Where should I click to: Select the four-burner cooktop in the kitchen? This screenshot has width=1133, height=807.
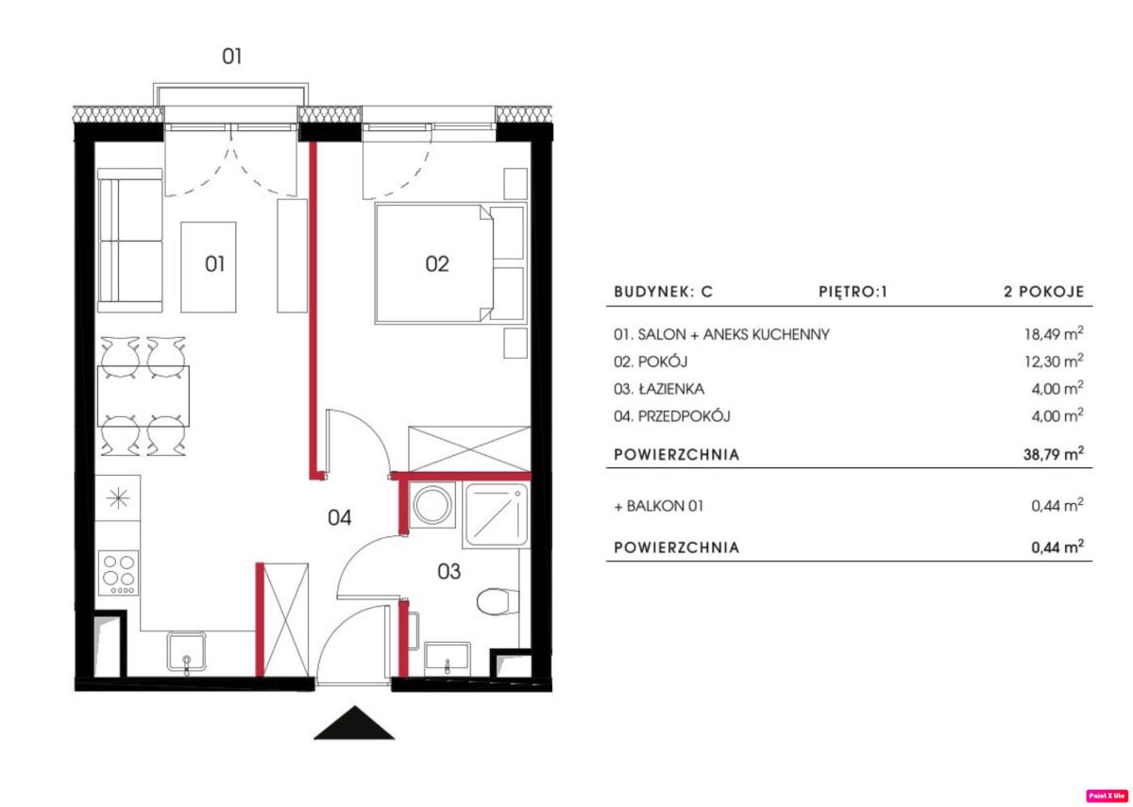[119, 573]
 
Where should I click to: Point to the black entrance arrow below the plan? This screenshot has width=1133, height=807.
[354, 723]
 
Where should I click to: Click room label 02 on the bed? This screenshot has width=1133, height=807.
[437, 264]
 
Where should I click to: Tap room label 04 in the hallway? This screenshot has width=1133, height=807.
[339, 518]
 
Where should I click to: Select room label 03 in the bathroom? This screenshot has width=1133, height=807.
[448, 572]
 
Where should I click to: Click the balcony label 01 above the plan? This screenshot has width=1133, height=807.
[231, 56]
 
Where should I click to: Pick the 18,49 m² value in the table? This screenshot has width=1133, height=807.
[1054, 333]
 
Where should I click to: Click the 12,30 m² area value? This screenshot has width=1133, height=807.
[1054, 361]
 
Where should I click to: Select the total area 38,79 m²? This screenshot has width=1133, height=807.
[1054, 453]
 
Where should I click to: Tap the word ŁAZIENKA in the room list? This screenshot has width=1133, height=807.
[671, 389]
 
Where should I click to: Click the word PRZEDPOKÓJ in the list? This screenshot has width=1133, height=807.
[684, 416]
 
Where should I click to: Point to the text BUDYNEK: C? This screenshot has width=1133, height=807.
[663, 292]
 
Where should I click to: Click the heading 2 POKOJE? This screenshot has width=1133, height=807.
[1044, 292]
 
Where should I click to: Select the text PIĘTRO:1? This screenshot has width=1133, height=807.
[853, 292]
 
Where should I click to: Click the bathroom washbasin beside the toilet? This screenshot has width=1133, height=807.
[448, 659]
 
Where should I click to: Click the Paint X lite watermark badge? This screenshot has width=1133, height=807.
[1107, 796]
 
